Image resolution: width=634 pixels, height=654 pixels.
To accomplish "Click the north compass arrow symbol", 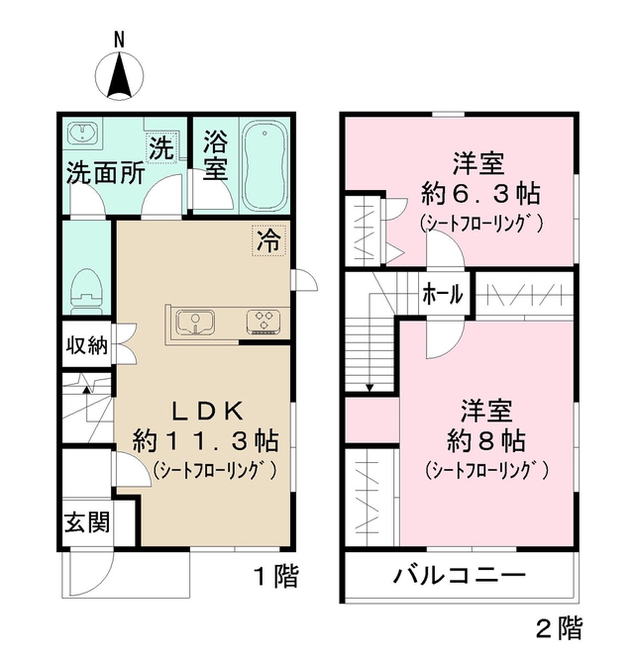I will tap(119, 75).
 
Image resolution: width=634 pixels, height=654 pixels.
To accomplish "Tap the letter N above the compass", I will tap(119, 40).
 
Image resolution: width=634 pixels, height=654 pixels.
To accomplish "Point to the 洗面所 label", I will tap(105, 171).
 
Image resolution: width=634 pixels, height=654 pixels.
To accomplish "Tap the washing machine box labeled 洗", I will tap(160, 148).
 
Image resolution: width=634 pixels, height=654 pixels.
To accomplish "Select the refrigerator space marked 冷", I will tap(267, 238).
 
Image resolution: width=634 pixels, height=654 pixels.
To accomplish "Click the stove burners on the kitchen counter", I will tap(264, 320).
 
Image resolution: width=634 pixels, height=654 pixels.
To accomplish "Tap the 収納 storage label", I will tap(88, 347).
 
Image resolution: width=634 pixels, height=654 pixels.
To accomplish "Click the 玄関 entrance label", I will tap(86, 521).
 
